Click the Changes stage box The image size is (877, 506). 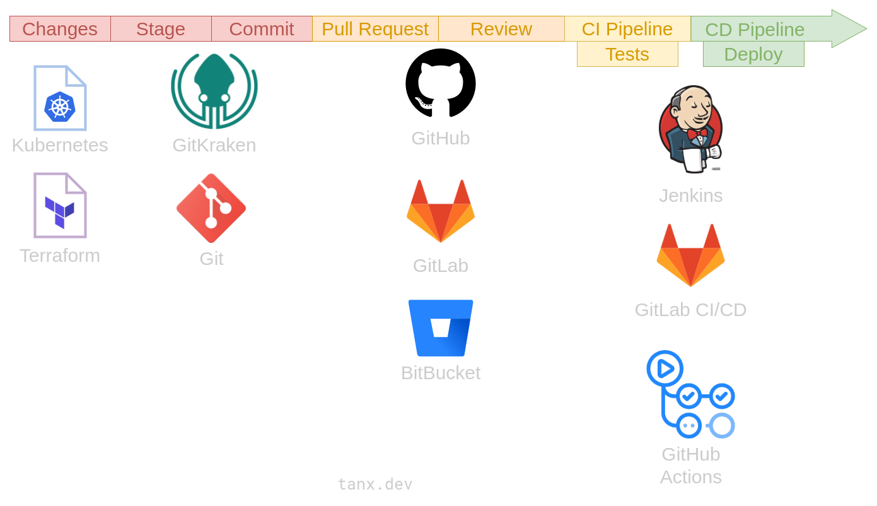point(60,29)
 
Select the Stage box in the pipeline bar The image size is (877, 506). point(161,29)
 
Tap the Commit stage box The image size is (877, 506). point(262,29)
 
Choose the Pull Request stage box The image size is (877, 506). point(375,29)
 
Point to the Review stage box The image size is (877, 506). point(501,29)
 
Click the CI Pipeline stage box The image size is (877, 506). point(627,29)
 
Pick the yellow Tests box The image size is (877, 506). point(627,54)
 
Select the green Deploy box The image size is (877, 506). point(753,54)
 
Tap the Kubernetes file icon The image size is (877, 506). point(60,98)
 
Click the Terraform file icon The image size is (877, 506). point(60,206)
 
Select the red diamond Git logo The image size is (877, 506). point(211,208)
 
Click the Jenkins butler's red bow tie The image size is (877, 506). point(697,134)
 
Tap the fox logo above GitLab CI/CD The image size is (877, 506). point(690,256)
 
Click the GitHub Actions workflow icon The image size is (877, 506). point(690,394)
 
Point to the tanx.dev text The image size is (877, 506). point(375,484)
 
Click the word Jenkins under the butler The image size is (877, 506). point(690,196)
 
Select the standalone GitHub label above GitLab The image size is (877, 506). point(441,138)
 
